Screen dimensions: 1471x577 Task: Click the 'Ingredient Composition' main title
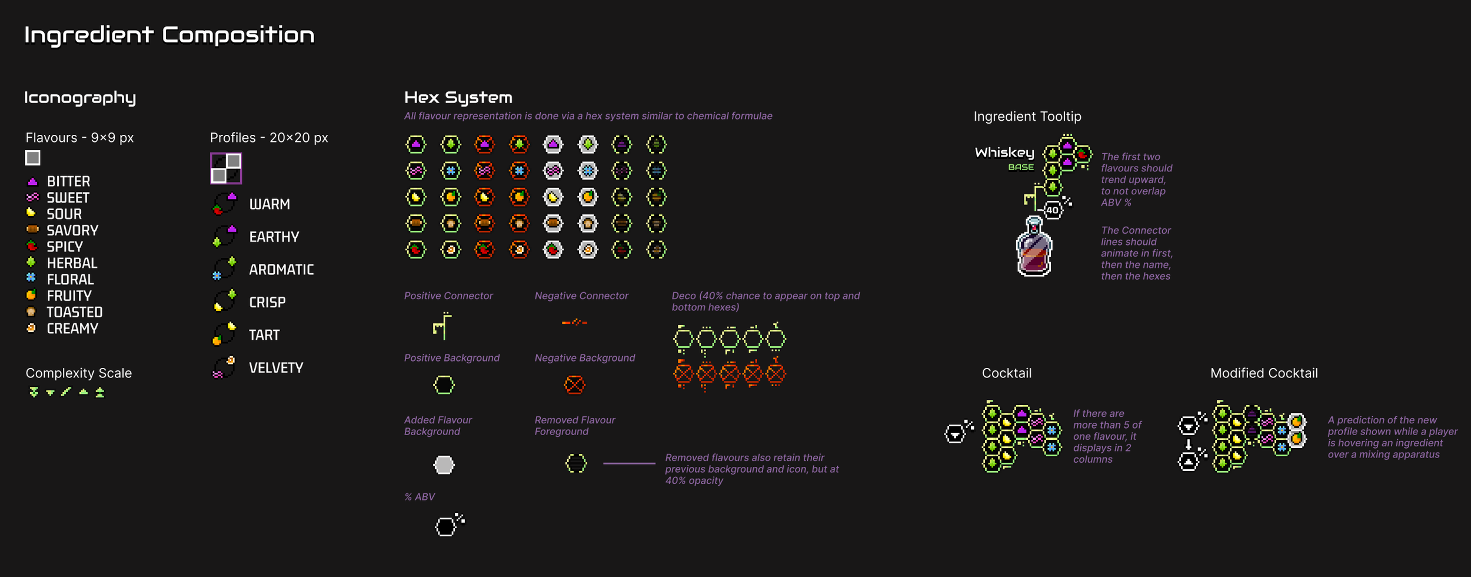[x=169, y=35]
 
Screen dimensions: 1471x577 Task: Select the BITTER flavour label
[x=68, y=181]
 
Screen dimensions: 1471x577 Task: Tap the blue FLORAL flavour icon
[x=31, y=278]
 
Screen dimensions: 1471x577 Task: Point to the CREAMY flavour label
[x=72, y=329]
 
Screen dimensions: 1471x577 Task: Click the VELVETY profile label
[x=276, y=368]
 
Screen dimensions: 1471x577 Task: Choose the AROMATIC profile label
[x=281, y=270]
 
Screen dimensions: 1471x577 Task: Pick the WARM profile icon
[x=225, y=203]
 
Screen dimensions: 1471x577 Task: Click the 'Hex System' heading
[x=458, y=98]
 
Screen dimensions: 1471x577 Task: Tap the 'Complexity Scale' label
[x=79, y=373]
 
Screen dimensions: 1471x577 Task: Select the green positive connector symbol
[x=442, y=326]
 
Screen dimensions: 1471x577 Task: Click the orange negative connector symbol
[x=574, y=322]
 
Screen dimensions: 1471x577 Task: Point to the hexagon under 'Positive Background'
[x=444, y=385]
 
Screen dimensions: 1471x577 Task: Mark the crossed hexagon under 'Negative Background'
[x=574, y=385]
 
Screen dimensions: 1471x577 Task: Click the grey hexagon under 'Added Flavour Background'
[x=444, y=465]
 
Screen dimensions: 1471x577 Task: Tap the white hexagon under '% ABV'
[x=446, y=526]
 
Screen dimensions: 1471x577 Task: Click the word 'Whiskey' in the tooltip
[x=1004, y=153]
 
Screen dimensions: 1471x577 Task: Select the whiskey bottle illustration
[x=1034, y=247]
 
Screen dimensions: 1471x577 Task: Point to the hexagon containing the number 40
[x=1052, y=210]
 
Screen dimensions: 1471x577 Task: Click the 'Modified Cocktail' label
[x=1264, y=373]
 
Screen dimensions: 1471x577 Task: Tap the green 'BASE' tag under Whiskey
[x=1021, y=167]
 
